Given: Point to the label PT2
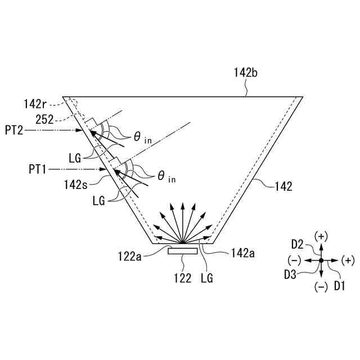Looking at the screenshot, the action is [x=14, y=130].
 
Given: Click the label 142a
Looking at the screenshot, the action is [x=242, y=254].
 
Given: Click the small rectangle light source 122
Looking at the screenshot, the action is [x=183, y=251].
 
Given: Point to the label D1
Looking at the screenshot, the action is [x=339, y=286].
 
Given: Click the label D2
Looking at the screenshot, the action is [x=298, y=245].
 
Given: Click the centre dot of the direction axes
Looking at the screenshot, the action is [x=321, y=260].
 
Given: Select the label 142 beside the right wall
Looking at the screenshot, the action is [x=283, y=186].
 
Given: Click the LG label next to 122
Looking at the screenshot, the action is [x=207, y=277].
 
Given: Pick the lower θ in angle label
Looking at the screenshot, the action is [x=166, y=177].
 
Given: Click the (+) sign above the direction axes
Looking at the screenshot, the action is [x=321, y=236].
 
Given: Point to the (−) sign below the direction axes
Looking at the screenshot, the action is [x=321, y=286].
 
